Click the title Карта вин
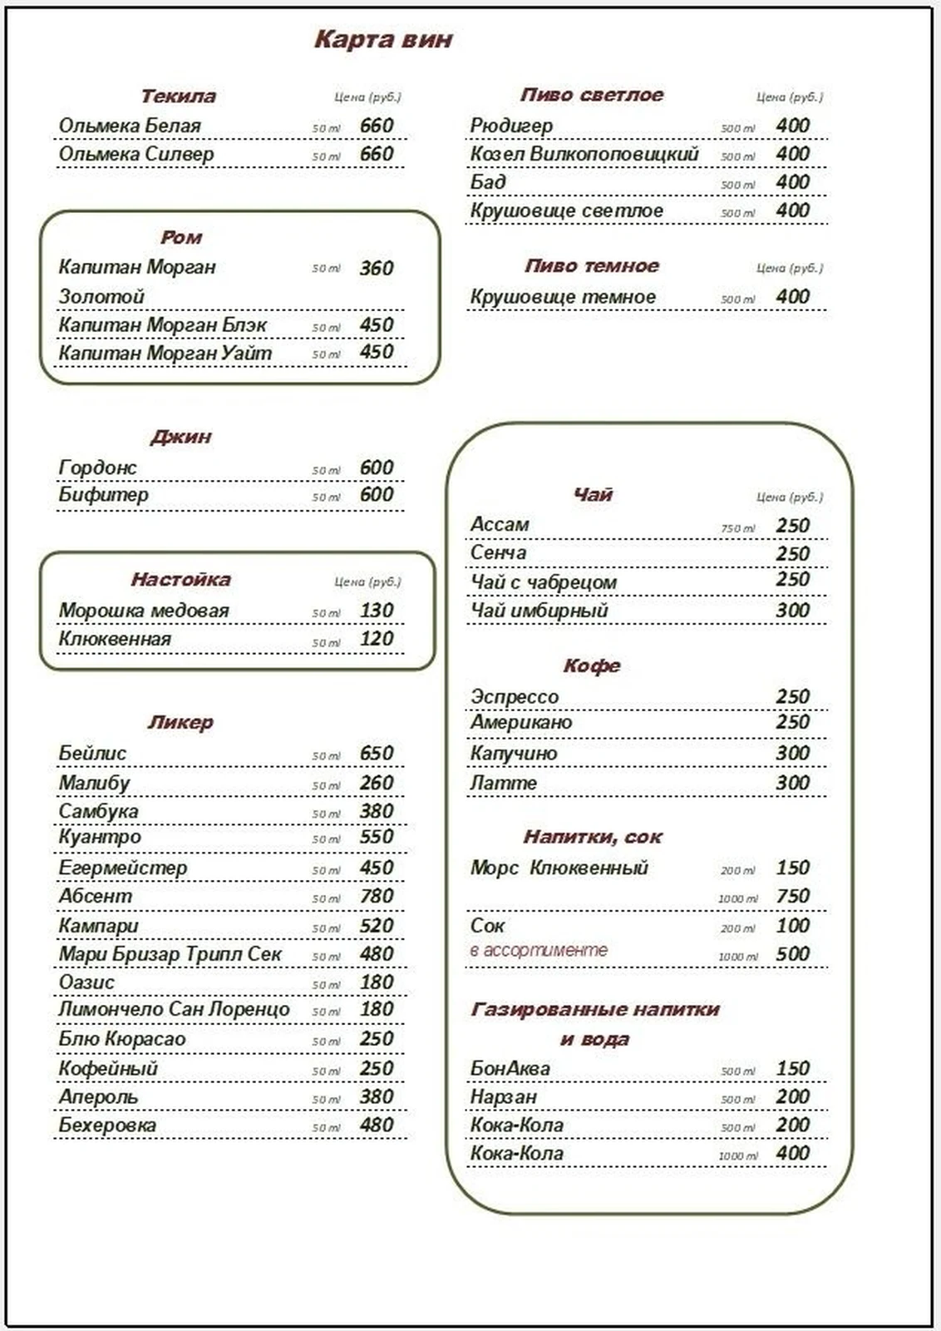(x=383, y=39)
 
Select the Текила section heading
(x=178, y=96)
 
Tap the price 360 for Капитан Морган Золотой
(x=376, y=268)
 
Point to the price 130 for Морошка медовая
(x=376, y=611)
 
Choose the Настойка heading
(x=180, y=580)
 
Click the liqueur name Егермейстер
(x=122, y=868)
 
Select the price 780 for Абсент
(x=376, y=897)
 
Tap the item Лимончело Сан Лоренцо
(x=174, y=1010)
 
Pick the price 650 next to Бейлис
(x=376, y=754)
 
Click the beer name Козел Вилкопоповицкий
(x=584, y=155)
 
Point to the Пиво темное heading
(x=592, y=266)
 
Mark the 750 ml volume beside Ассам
(x=737, y=529)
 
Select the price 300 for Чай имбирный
(x=792, y=611)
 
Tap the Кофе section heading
(x=592, y=666)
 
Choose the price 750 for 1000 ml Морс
(x=792, y=897)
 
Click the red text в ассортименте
(x=539, y=950)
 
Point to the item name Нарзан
(x=503, y=1097)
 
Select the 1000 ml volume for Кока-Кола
(x=737, y=1156)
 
